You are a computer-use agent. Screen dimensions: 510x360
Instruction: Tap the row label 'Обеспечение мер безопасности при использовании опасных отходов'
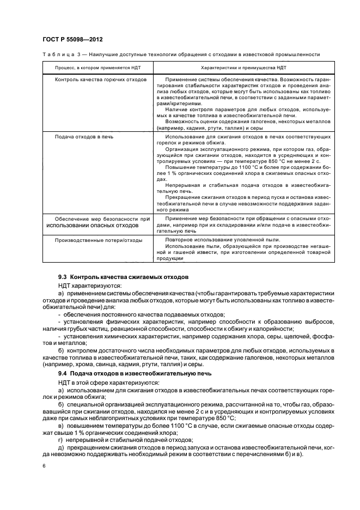tap(98, 221)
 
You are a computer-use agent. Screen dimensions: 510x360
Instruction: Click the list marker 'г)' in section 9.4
tap(61, 439)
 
